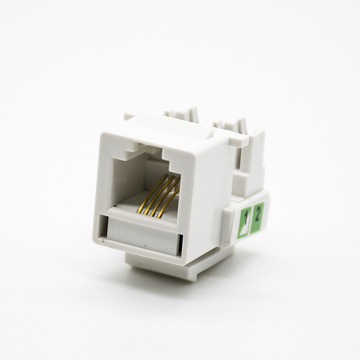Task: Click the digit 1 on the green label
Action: (x=246, y=218)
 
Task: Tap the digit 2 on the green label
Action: (x=257, y=215)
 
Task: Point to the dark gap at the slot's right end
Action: (x=181, y=242)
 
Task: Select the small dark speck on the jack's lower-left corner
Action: (x=103, y=241)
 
